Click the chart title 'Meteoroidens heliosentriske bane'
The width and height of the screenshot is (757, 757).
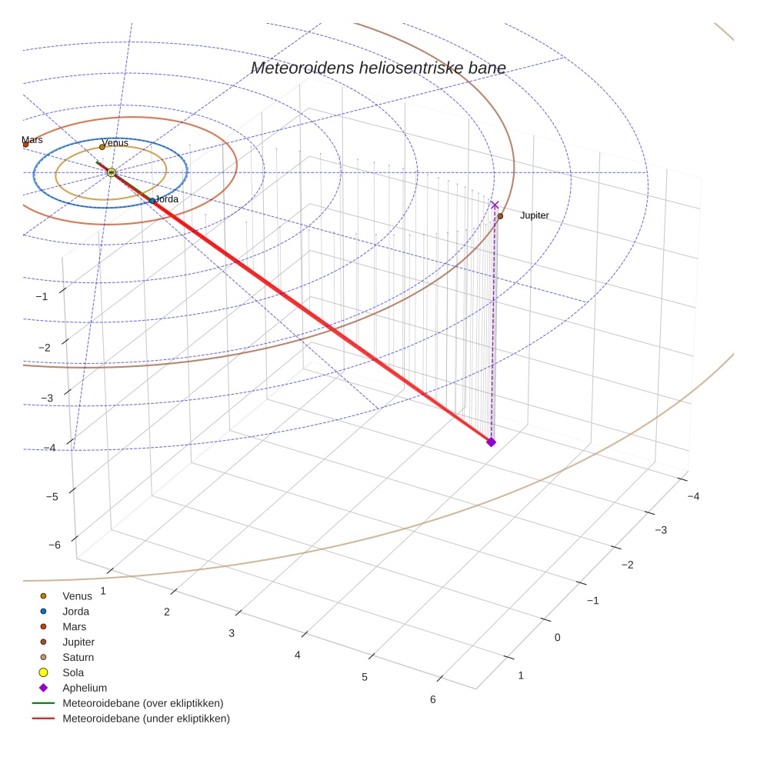378,68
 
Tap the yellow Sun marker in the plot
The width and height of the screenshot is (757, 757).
112,172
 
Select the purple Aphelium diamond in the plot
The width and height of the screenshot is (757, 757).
491,442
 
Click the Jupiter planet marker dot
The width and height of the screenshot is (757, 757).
500,216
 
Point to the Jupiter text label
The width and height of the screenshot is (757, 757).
534,215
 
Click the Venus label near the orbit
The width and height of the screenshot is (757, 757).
115,142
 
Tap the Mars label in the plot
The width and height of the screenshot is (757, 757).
32,140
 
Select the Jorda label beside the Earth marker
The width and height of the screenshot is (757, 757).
166,199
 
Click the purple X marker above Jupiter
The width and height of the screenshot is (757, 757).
495,205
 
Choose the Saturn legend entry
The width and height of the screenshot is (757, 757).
78,657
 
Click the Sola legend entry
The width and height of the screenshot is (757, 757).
73,672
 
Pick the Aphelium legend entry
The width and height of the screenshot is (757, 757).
85,688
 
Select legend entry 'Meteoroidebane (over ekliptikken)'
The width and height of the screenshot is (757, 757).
142,703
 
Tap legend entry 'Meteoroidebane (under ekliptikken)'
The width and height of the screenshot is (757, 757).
145,719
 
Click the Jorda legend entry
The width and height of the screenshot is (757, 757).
75,612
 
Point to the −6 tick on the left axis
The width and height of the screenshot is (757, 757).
55,545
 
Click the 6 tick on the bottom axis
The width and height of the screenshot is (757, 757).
432,699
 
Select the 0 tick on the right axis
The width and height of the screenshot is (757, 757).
557,637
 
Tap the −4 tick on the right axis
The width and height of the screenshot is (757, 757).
693,496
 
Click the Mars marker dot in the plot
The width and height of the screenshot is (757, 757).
25,144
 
